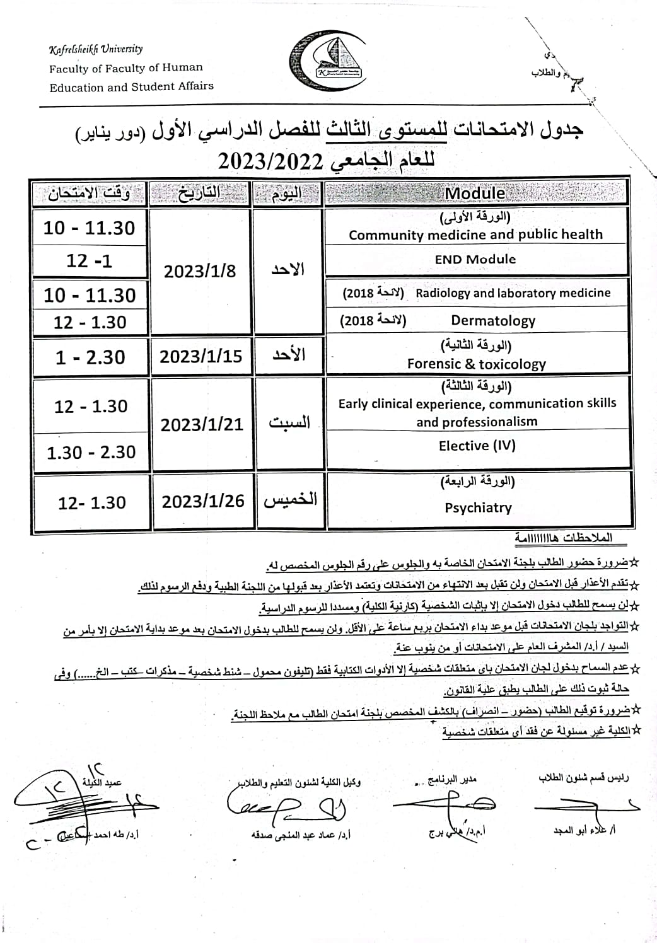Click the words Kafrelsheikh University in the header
pyautogui.click(x=96, y=49)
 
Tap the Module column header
pyautogui.click(x=475, y=194)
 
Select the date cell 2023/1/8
pyautogui.click(x=200, y=271)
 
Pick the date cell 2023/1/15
pyautogui.click(x=201, y=357)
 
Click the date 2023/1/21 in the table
pyautogui.click(x=202, y=424)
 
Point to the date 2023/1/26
pyautogui.click(x=203, y=501)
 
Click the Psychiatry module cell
pyautogui.click(x=478, y=507)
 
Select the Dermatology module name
pyautogui.click(x=493, y=321)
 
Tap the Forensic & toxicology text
pyautogui.click(x=477, y=364)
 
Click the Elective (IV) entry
pyautogui.click(x=477, y=446)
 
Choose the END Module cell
pyautogui.click(x=475, y=259)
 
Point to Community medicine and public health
pyautogui.click(x=476, y=234)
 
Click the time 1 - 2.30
pyautogui.click(x=90, y=357)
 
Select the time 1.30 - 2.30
pyautogui.click(x=91, y=452)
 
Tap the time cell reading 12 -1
pyautogui.click(x=90, y=260)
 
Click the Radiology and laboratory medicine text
pyautogui.click(x=513, y=292)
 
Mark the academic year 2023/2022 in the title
pyautogui.click(x=271, y=162)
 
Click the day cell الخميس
pyautogui.click(x=290, y=500)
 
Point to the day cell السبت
pyautogui.click(x=289, y=422)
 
